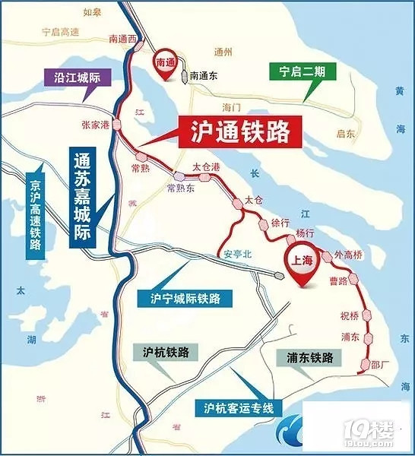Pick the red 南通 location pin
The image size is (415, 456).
pyautogui.click(x=165, y=61)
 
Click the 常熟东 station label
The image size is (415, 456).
pyautogui.click(x=181, y=188)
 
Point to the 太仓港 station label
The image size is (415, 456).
pyautogui.click(x=206, y=166)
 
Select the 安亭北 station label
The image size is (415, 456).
pyautogui.click(x=235, y=255)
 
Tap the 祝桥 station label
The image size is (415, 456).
pyautogui.click(x=349, y=314)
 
